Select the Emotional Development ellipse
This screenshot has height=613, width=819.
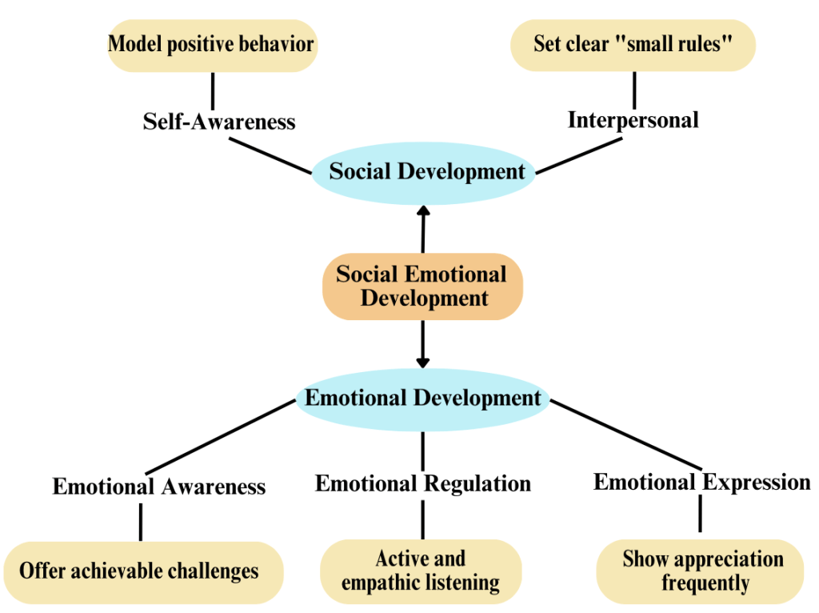422,398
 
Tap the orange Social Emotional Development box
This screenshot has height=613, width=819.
422,286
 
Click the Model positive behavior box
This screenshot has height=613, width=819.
211,45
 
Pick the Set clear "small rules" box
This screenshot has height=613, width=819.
633,45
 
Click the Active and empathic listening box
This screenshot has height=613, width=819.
421,571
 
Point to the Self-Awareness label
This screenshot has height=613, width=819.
219,122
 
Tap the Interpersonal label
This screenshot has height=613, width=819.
633,120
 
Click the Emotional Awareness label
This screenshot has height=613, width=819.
159,487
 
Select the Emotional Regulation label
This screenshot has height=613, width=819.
422,483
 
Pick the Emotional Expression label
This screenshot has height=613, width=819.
701,483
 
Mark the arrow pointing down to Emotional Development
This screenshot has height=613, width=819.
422,344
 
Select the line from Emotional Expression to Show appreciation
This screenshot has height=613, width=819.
701,514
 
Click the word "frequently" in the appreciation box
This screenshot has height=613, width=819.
705,583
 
